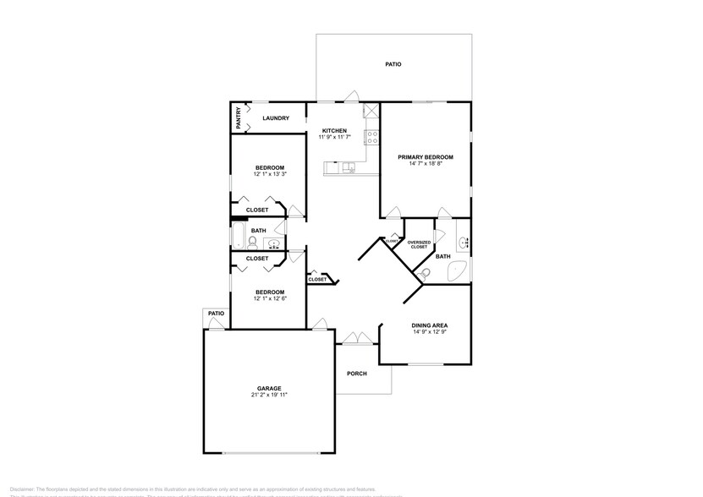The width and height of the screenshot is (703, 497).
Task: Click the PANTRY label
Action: click(x=239, y=117)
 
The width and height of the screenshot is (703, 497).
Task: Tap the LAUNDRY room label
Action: click(x=276, y=118)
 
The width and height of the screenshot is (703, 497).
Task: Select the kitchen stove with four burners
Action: click(x=371, y=136)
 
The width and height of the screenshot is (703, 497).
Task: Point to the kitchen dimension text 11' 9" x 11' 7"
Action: click(x=335, y=137)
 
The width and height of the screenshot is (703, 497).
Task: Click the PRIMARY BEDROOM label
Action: click(x=426, y=156)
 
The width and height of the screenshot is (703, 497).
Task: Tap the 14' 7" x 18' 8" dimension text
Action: click(x=426, y=163)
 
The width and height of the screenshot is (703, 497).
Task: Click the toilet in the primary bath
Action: click(x=426, y=272)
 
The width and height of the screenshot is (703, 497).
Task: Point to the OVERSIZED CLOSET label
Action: click(x=419, y=245)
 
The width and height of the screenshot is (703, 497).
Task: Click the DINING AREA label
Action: click(x=430, y=325)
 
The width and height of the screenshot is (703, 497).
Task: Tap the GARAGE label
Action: click(x=269, y=388)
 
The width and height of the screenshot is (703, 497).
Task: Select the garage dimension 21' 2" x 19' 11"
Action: click(x=269, y=395)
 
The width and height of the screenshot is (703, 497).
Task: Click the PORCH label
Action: click(x=357, y=373)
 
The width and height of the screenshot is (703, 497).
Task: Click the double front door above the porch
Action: click(x=357, y=340)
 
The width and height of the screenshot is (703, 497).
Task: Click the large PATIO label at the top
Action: click(x=393, y=63)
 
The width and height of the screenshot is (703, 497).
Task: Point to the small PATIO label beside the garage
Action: click(x=217, y=314)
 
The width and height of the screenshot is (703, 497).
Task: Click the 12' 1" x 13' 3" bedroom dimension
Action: click(x=270, y=174)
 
